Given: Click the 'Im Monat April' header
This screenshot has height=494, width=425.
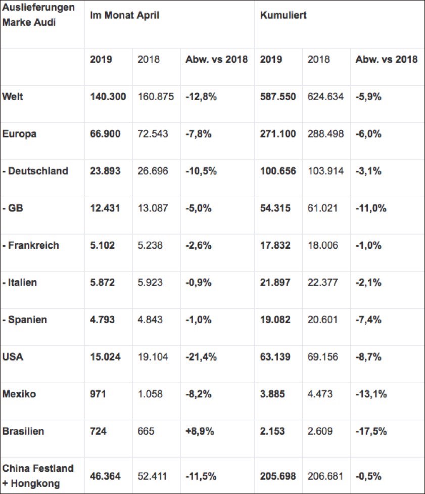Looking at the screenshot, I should pyautogui.click(x=124, y=15).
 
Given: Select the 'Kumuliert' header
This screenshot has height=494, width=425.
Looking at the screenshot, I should pyautogui.click(x=283, y=15).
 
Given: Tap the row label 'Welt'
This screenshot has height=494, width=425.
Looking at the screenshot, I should pyautogui.click(x=13, y=97).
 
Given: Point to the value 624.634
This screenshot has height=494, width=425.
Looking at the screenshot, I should pyautogui.click(x=325, y=97).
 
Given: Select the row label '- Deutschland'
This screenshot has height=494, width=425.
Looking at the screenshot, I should pyautogui.click(x=35, y=171).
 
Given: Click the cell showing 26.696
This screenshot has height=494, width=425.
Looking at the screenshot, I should pyautogui.click(x=153, y=171).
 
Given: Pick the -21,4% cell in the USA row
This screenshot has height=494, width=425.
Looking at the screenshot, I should pyautogui.click(x=202, y=357).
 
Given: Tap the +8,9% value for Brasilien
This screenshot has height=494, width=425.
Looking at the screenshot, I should pyautogui.click(x=200, y=431).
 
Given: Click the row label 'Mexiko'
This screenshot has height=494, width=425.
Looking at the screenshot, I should pyautogui.click(x=19, y=394).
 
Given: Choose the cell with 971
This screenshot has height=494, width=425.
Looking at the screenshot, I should pyautogui.click(x=98, y=394).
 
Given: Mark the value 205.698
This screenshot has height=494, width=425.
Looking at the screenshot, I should pyautogui.click(x=278, y=476).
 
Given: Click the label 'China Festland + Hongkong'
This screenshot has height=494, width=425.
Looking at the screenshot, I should pyautogui.click(x=38, y=476).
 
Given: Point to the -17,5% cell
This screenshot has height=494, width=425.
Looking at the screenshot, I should pyautogui.click(x=372, y=431).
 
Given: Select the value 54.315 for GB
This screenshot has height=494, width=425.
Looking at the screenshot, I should pyautogui.click(x=275, y=208).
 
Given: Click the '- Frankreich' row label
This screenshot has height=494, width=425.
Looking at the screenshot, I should pyautogui.click(x=31, y=245).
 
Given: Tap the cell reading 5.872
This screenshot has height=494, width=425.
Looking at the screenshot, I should pyautogui.click(x=103, y=283).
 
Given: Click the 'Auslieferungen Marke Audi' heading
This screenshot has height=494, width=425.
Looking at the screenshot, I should pyautogui.click(x=38, y=16).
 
